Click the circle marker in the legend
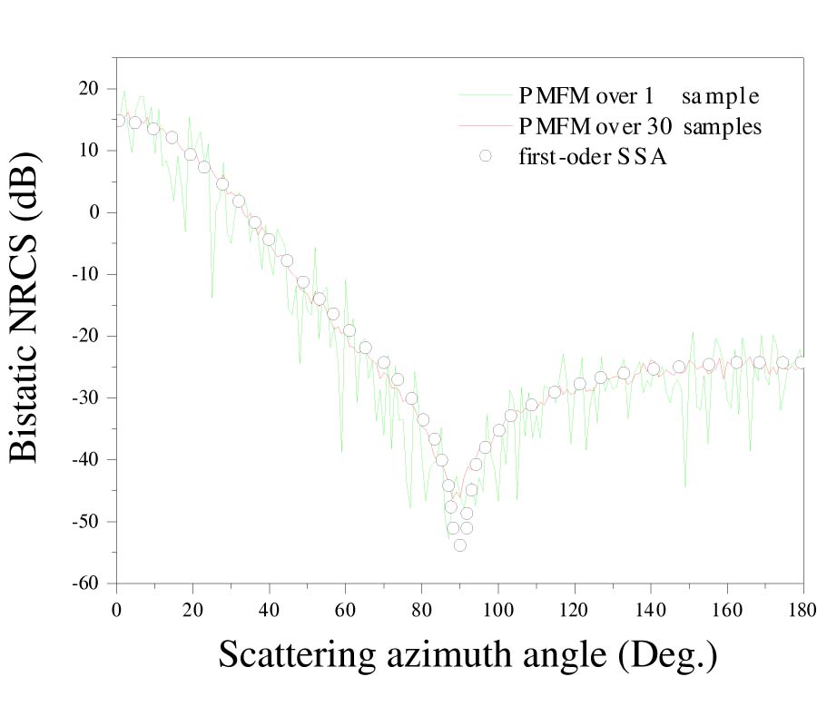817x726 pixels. point(486,156)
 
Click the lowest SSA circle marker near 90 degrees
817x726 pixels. point(459,544)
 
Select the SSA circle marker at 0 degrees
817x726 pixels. point(118,121)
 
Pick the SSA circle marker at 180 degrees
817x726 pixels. point(801,362)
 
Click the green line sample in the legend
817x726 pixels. point(486,95)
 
